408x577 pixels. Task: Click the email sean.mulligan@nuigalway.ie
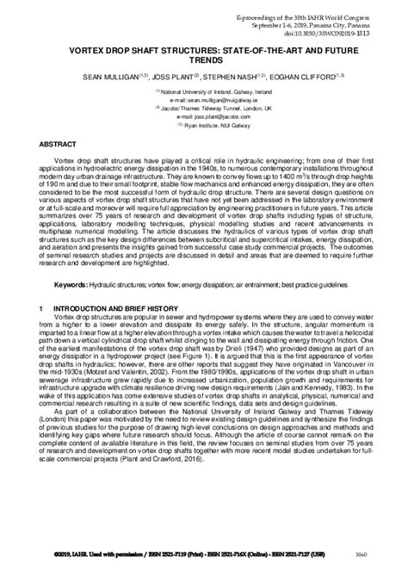(x=204, y=100)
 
